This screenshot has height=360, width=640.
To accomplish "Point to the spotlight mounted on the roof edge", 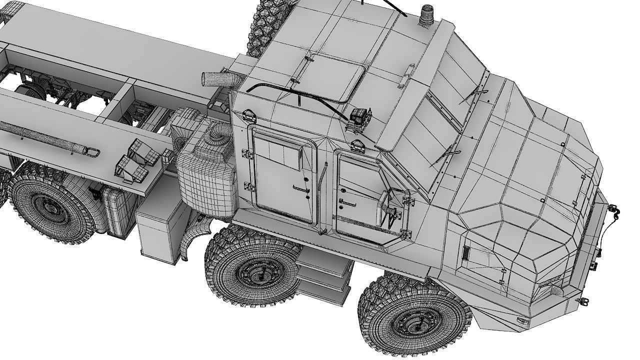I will [x=360, y=117].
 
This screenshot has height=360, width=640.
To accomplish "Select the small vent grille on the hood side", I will [x=466, y=253].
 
